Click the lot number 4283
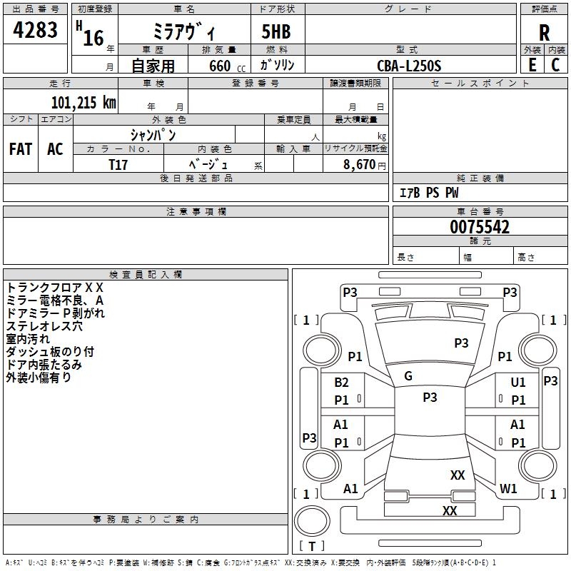(36, 31)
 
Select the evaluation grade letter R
(544, 33)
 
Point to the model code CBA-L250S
(409, 66)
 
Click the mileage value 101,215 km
(84, 102)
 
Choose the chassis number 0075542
(480, 228)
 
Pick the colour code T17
(118, 164)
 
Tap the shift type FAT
(20, 149)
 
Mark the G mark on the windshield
(408, 376)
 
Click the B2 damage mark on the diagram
(342, 383)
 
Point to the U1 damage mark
(518, 383)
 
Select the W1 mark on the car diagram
(508, 489)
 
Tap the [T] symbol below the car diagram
(312, 546)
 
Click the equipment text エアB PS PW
(428, 193)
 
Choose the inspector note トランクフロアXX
(55, 287)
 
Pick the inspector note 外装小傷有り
(39, 378)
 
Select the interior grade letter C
(555, 65)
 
